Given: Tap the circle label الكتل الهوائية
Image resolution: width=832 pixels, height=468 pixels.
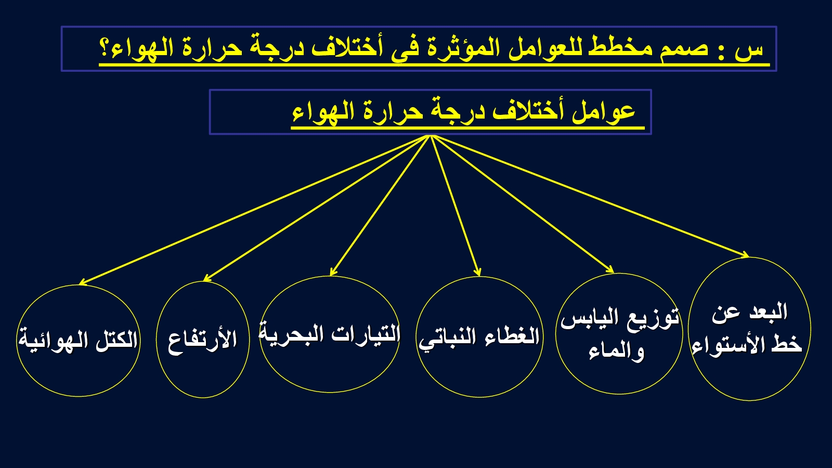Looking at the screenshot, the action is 78,340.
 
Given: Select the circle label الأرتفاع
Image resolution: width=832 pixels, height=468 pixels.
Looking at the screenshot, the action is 202,340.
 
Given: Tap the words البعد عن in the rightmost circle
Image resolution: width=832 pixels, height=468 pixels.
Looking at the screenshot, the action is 749,312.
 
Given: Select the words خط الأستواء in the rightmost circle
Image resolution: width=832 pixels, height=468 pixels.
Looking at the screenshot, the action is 747,344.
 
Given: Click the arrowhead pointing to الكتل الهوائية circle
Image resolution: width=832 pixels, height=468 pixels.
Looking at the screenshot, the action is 83,282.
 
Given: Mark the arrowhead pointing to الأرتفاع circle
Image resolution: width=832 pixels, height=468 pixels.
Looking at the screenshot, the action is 207,278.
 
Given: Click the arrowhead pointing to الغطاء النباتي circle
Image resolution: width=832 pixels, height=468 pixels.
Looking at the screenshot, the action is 478,272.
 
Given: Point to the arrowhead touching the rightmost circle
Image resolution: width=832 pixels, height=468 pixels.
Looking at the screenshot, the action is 745,255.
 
